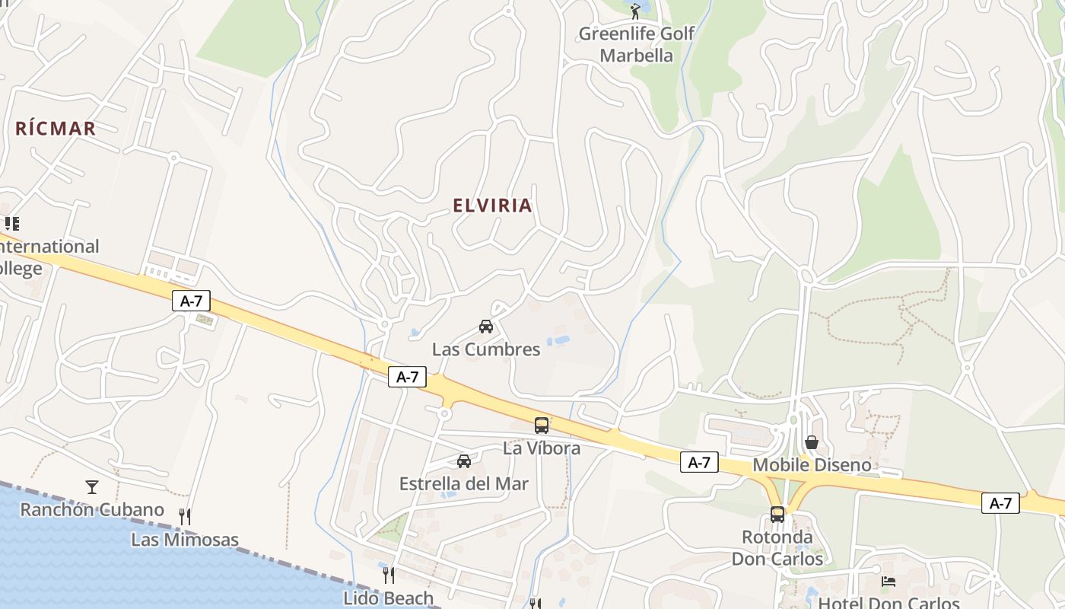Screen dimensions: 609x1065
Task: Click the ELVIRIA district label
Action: point(492,206)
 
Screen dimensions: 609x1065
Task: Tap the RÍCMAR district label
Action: point(56,129)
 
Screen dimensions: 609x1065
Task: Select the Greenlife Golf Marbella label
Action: point(637,44)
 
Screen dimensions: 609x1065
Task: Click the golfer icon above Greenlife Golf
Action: point(635,11)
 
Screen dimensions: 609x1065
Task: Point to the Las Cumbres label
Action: point(486,349)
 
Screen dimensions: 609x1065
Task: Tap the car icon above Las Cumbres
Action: point(485,327)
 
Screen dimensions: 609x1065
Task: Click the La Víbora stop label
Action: point(542,448)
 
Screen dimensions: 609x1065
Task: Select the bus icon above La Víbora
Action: point(542,426)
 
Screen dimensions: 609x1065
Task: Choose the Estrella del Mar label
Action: point(463,483)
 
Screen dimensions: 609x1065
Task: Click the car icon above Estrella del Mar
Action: point(463,461)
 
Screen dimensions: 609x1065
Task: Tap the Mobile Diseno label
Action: point(812,464)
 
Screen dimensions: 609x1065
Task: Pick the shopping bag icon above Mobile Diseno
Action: point(812,442)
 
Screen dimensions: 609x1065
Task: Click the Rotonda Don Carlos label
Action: point(777,547)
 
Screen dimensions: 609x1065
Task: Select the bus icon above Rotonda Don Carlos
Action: point(777,514)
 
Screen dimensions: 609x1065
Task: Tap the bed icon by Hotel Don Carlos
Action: point(888,582)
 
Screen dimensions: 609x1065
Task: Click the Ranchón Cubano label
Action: point(92,509)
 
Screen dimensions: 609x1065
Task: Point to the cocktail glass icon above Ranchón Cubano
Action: point(92,486)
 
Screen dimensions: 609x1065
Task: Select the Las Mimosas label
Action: point(185,540)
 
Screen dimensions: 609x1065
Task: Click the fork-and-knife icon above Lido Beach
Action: point(388,575)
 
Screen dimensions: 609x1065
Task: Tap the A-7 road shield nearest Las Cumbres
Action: point(407,376)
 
